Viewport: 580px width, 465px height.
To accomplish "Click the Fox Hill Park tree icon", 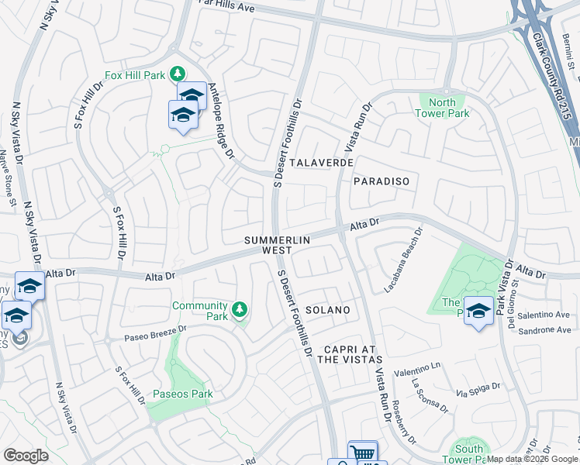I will click(178, 74).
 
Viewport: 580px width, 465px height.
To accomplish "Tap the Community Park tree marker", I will click(240, 311).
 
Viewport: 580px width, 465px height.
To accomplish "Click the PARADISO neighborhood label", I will click(381, 181).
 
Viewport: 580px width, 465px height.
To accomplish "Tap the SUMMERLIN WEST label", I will click(278, 246).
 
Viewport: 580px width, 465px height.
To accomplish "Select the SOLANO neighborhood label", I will click(327, 310).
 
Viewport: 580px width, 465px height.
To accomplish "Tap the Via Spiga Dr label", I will click(474, 394).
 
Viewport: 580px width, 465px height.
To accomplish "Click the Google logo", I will click(26, 456).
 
